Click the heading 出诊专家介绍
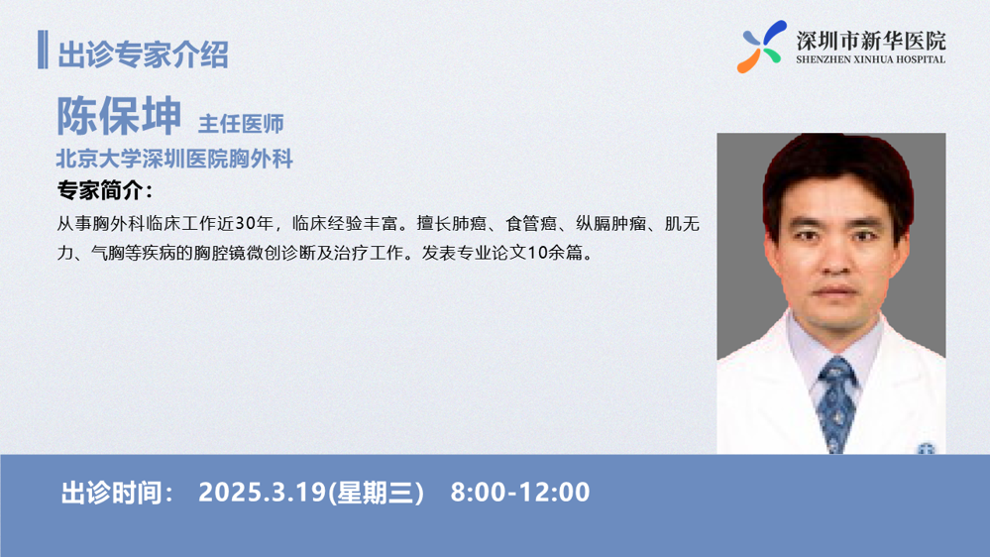(143, 55)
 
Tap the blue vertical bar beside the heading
(43, 50)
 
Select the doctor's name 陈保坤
(119, 116)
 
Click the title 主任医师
(241, 124)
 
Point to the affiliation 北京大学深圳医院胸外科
(174, 159)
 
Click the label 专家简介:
(105, 190)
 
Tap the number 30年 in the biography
(254, 224)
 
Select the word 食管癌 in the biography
(531, 224)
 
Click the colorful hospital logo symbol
(762, 47)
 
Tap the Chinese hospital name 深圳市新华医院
(871, 41)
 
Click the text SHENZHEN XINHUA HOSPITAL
(871, 59)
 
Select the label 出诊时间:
(117, 493)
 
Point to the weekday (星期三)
(377, 493)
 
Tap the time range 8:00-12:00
(520, 493)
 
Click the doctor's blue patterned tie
(837, 404)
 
